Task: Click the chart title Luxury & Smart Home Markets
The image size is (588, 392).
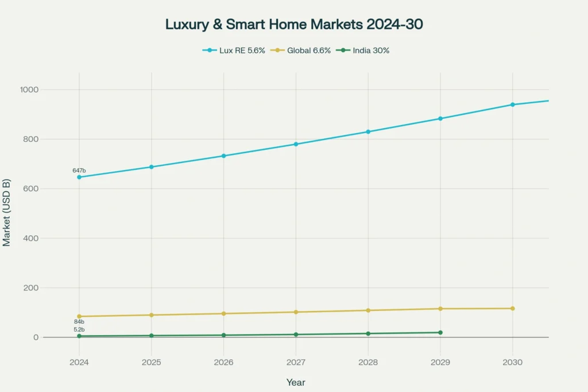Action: click(294, 24)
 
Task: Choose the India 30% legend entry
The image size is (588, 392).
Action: click(366, 51)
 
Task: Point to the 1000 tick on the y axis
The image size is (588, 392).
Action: click(28, 90)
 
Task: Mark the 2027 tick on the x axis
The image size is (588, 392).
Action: click(296, 362)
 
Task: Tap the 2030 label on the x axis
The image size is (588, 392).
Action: click(512, 362)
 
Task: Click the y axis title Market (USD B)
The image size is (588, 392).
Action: click(7, 212)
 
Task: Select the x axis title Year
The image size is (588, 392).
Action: click(296, 382)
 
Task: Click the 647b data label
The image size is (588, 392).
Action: click(79, 170)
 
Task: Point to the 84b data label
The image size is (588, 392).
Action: click(79, 322)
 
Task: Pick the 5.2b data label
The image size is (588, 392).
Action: click(79, 329)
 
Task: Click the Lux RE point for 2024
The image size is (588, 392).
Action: click(79, 177)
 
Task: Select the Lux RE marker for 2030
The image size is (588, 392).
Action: click(512, 104)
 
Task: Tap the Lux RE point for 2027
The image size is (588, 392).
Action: click(296, 144)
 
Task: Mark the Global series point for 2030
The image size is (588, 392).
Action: click(512, 308)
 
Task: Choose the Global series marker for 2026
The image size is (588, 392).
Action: click(223, 313)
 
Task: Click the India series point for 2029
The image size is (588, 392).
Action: click(440, 332)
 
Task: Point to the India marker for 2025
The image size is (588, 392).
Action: click(152, 335)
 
